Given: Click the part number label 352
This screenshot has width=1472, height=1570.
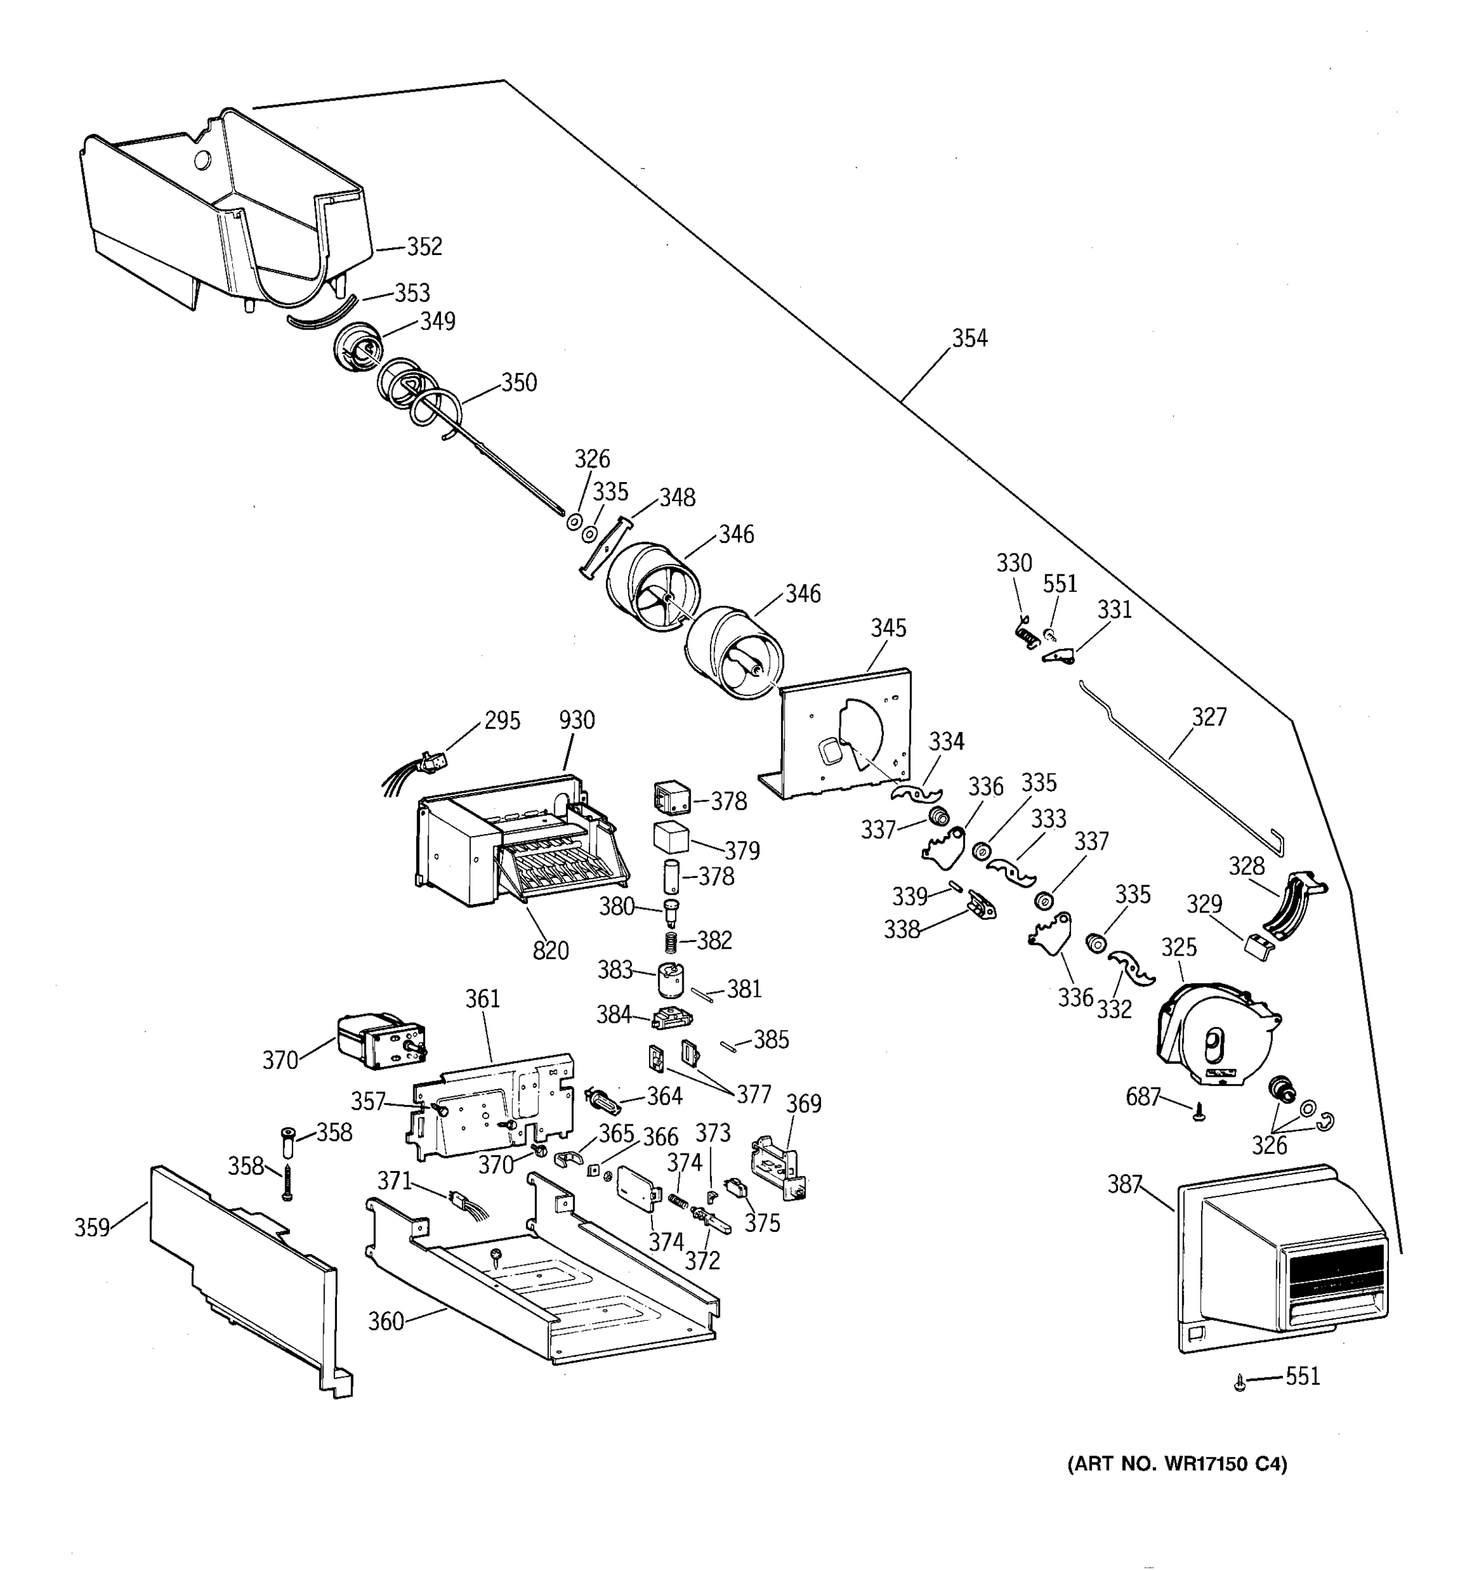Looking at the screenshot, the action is [x=424, y=247].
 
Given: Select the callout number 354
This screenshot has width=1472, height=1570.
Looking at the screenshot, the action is [x=969, y=339].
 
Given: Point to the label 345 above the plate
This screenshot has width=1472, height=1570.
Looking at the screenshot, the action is [x=888, y=629].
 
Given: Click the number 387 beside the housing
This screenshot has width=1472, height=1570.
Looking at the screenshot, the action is [x=1125, y=1184].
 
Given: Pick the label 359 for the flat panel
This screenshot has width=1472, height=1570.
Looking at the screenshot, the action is [x=92, y=1228].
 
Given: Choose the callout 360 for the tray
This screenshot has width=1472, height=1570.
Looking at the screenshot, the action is [x=386, y=1321].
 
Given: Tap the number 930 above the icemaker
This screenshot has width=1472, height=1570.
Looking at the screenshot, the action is [x=576, y=720].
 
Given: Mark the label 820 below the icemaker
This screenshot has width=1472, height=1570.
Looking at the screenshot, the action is [x=550, y=951].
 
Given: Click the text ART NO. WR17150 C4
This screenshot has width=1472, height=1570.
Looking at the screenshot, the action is [x=1178, y=1465].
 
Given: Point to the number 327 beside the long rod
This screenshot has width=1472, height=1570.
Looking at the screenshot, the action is [x=1209, y=717].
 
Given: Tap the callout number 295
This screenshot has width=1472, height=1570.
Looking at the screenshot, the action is [x=502, y=721].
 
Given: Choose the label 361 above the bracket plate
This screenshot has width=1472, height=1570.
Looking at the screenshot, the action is [x=483, y=999].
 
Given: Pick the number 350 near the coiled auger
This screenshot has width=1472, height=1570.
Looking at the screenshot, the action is [x=519, y=383].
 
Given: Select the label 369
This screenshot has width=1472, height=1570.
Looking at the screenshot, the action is [x=804, y=1104].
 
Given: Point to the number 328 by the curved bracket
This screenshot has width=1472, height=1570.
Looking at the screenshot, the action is [x=1246, y=866].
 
